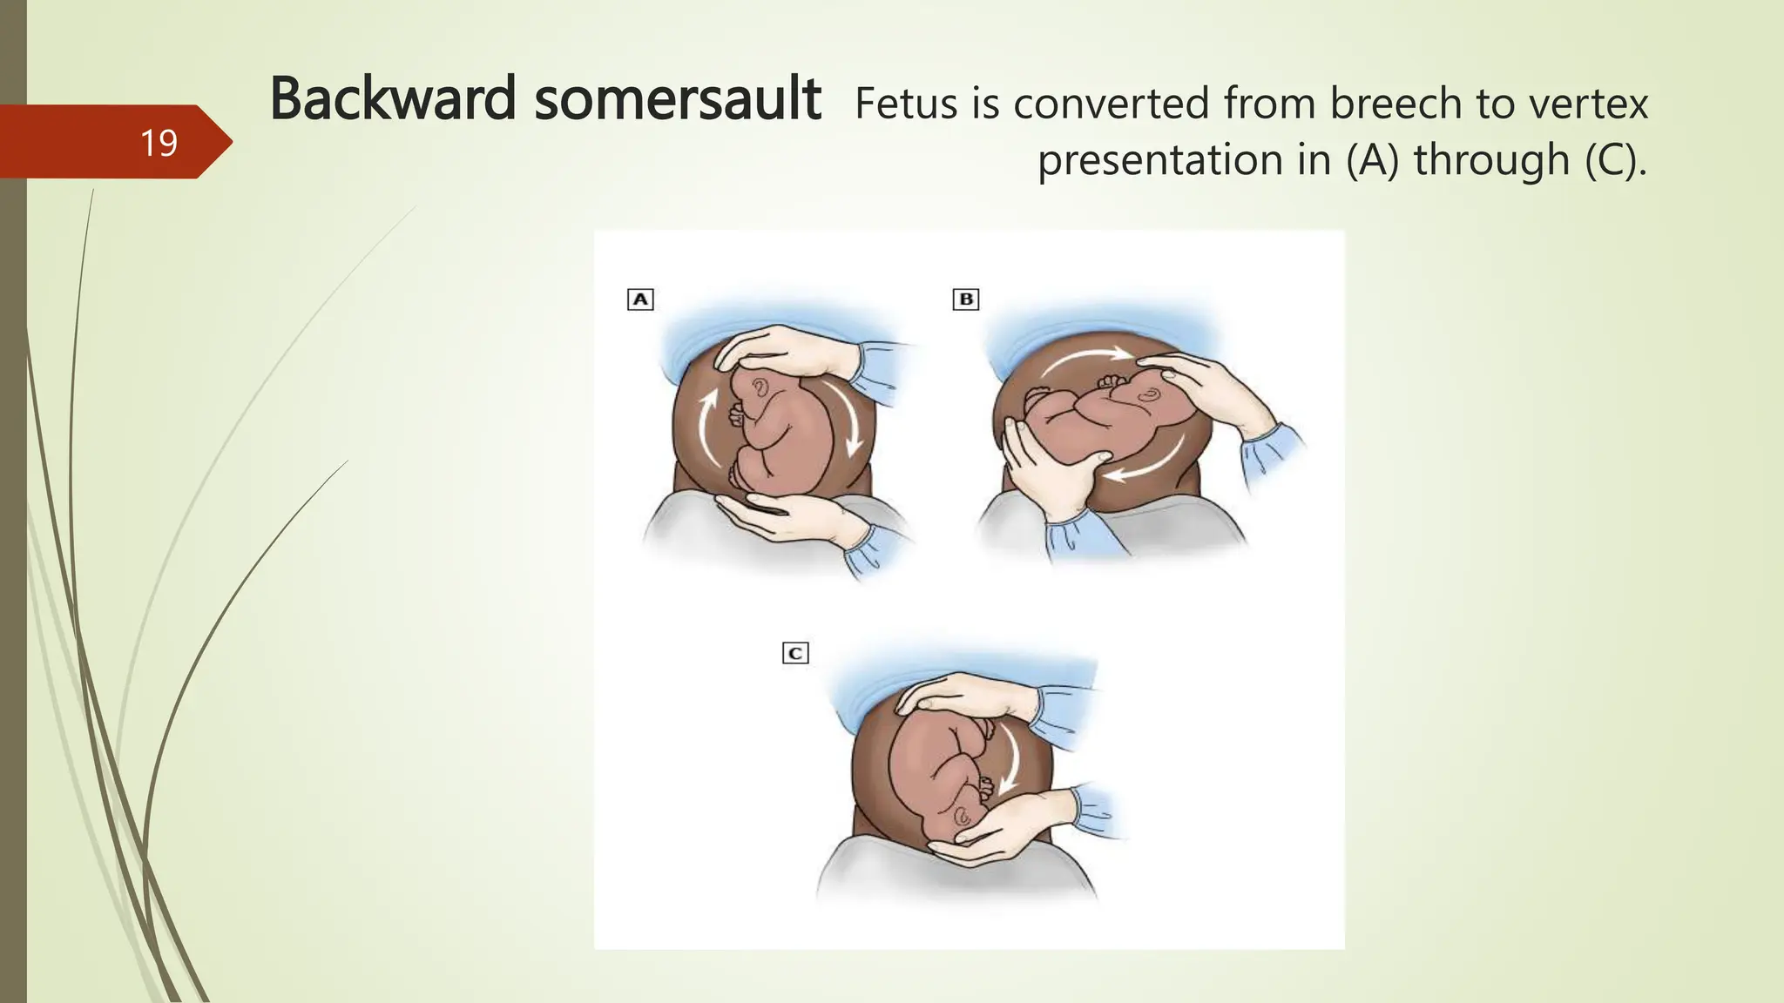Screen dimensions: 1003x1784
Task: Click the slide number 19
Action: point(159,143)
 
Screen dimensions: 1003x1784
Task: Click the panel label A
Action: point(640,300)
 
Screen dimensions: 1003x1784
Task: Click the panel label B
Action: point(966,300)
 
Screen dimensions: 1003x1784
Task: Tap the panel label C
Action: point(795,653)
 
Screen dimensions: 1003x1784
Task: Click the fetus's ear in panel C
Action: point(963,817)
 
